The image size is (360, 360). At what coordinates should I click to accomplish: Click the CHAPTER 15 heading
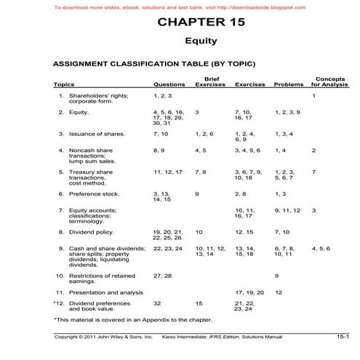(x=194, y=22)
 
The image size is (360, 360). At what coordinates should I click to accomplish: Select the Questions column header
(x=169, y=84)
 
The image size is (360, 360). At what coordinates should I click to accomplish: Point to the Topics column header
(x=64, y=84)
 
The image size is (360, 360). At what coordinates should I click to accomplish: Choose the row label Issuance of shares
(x=97, y=134)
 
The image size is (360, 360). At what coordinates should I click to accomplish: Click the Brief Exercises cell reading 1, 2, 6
(x=204, y=134)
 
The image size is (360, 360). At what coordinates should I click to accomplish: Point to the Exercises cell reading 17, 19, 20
(x=249, y=292)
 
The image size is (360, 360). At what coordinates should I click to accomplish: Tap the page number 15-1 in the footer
(x=343, y=338)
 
